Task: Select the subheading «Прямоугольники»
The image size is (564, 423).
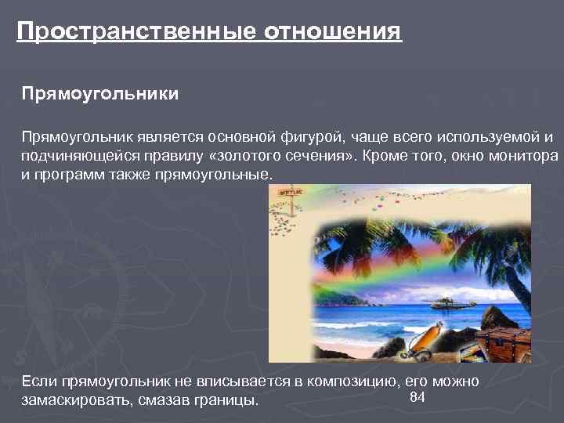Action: pos(100,95)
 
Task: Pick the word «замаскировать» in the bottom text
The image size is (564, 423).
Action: pos(72,400)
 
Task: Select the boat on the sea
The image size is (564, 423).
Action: pos(444,301)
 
